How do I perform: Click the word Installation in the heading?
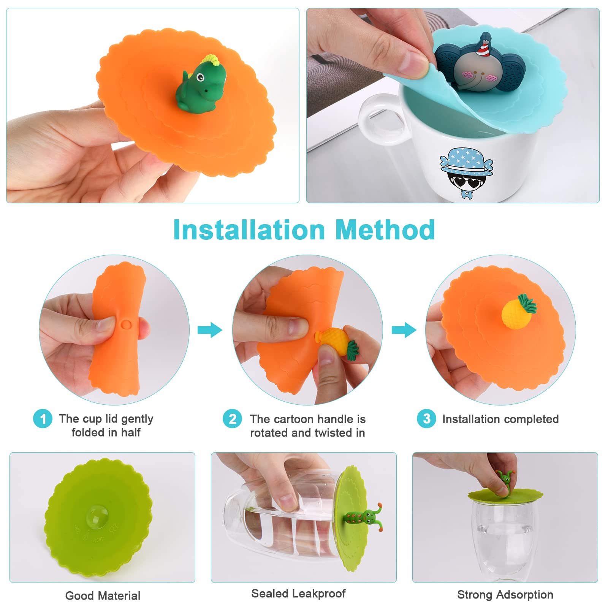[x=249, y=230]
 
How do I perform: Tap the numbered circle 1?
[x=43, y=419]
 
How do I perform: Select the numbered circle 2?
[x=232, y=419]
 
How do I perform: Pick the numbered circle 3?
[x=426, y=419]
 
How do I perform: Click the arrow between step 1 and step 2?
[x=210, y=330]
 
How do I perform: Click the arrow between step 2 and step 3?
[x=404, y=330]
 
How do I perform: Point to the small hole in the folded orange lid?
[x=126, y=324]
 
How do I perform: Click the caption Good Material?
[x=103, y=595]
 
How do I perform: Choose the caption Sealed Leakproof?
[x=298, y=594]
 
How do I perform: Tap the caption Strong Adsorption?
[x=505, y=595]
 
